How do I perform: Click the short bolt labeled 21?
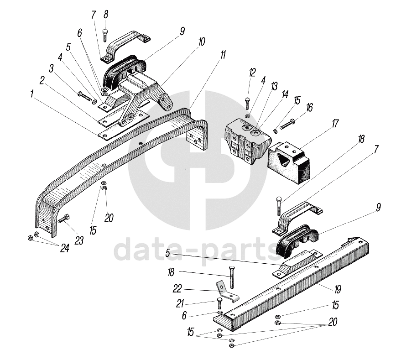[x=219, y=303]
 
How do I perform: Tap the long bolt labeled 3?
[x=85, y=95]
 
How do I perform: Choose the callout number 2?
[x=42, y=81]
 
